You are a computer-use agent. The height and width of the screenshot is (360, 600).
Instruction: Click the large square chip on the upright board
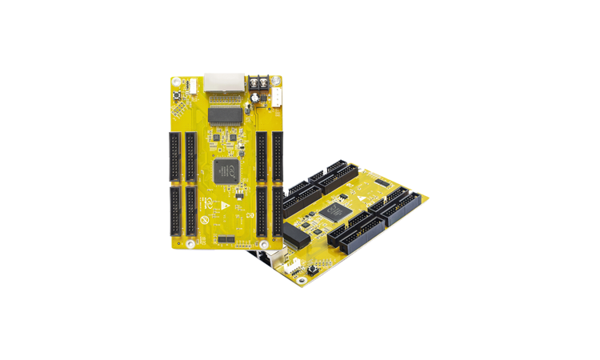coord(224,168)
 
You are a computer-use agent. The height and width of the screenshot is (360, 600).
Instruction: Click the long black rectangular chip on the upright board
coord(225,115)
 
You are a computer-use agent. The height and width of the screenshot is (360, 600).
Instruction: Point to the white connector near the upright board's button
coord(193,85)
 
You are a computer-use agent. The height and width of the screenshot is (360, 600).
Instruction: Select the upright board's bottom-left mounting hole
coord(190,242)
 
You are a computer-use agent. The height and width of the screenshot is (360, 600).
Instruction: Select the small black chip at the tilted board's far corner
coord(382,182)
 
